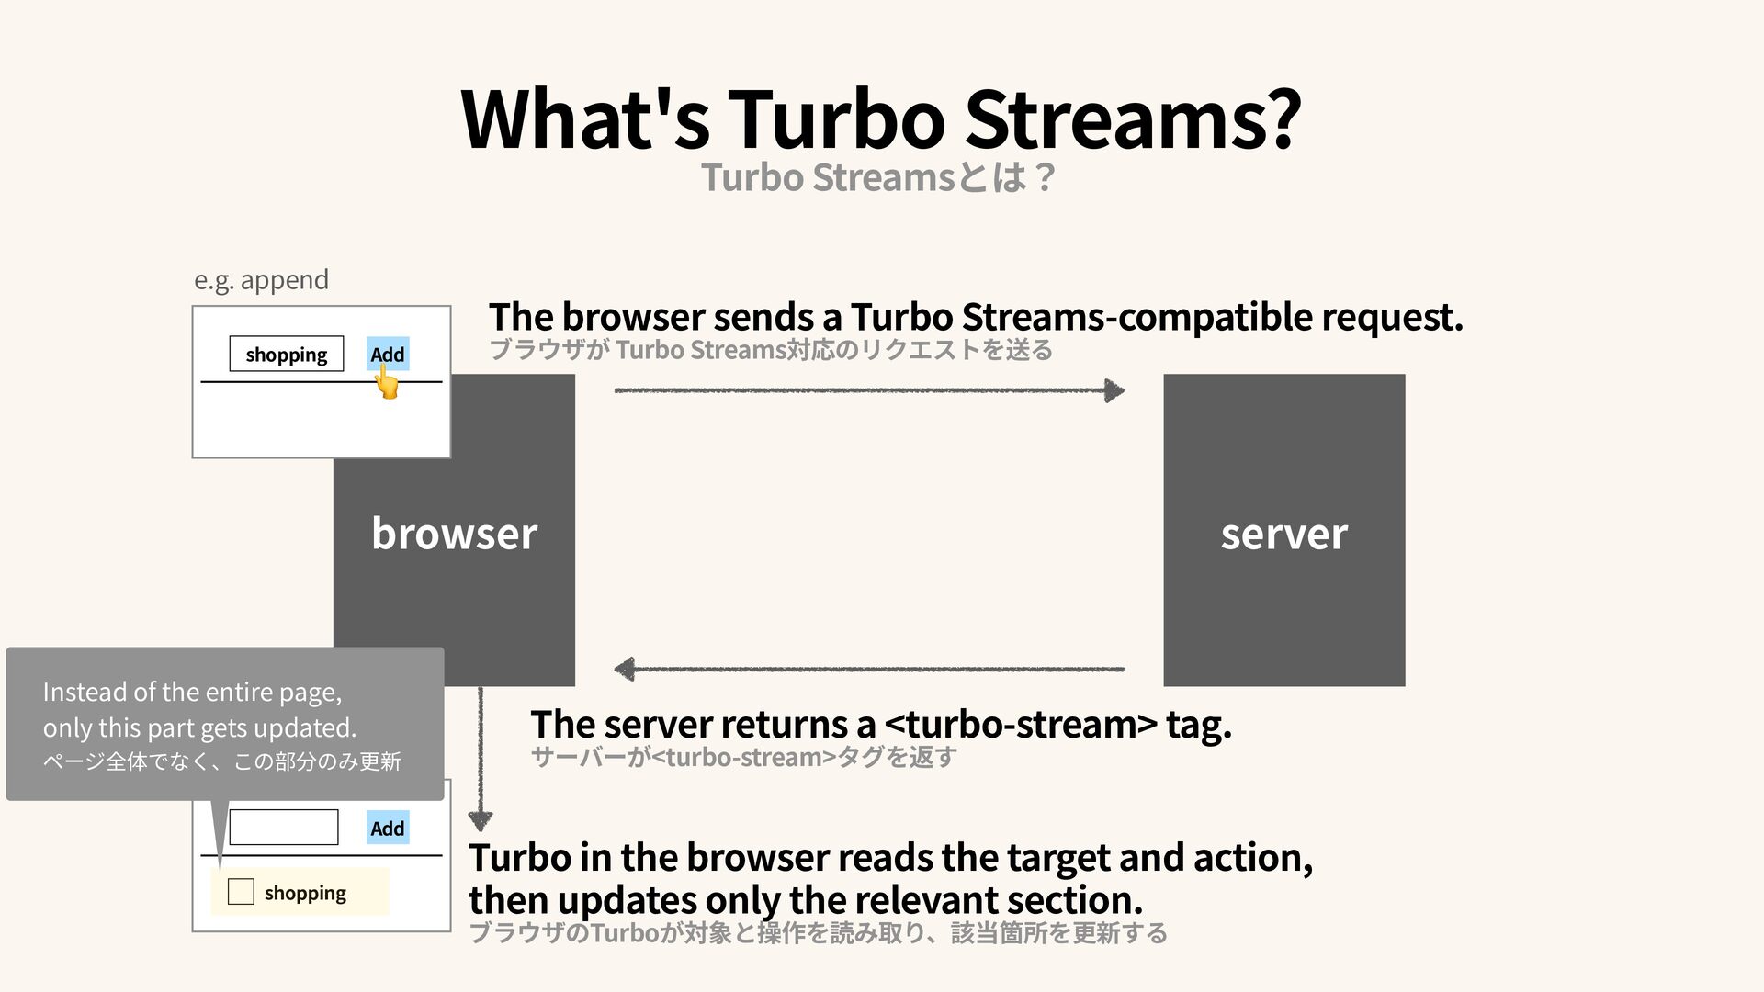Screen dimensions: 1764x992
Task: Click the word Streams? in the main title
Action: tap(1132, 119)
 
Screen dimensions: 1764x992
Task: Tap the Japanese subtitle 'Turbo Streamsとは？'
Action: tap(877, 177)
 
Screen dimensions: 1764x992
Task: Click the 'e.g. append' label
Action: tap(261, 279)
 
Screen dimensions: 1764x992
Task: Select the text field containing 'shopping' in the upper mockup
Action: tap(286, 355)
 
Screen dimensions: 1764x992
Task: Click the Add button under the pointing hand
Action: tap(387, 354)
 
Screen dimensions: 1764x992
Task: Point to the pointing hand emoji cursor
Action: tap(388, 382)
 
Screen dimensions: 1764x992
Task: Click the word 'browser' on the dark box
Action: tap(454, 534)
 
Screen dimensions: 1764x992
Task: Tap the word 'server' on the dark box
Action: tap(1283, 534)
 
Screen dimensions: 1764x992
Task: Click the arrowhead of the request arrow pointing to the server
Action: tap(1114, 390)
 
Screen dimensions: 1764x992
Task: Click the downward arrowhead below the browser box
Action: tap(480, 819)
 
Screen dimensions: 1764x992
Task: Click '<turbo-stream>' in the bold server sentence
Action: tap(1020, 725)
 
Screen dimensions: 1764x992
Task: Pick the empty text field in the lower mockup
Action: tap(283, 828)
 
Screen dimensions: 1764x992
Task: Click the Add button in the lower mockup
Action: tap(387, 829)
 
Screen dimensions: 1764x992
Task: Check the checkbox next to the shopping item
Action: tap(241, 892)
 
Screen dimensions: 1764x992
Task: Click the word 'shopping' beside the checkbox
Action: tap(305, 893)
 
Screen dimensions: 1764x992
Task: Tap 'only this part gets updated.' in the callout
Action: tap(199, 727)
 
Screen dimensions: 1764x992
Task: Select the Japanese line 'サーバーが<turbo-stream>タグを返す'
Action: tap(743, 758)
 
